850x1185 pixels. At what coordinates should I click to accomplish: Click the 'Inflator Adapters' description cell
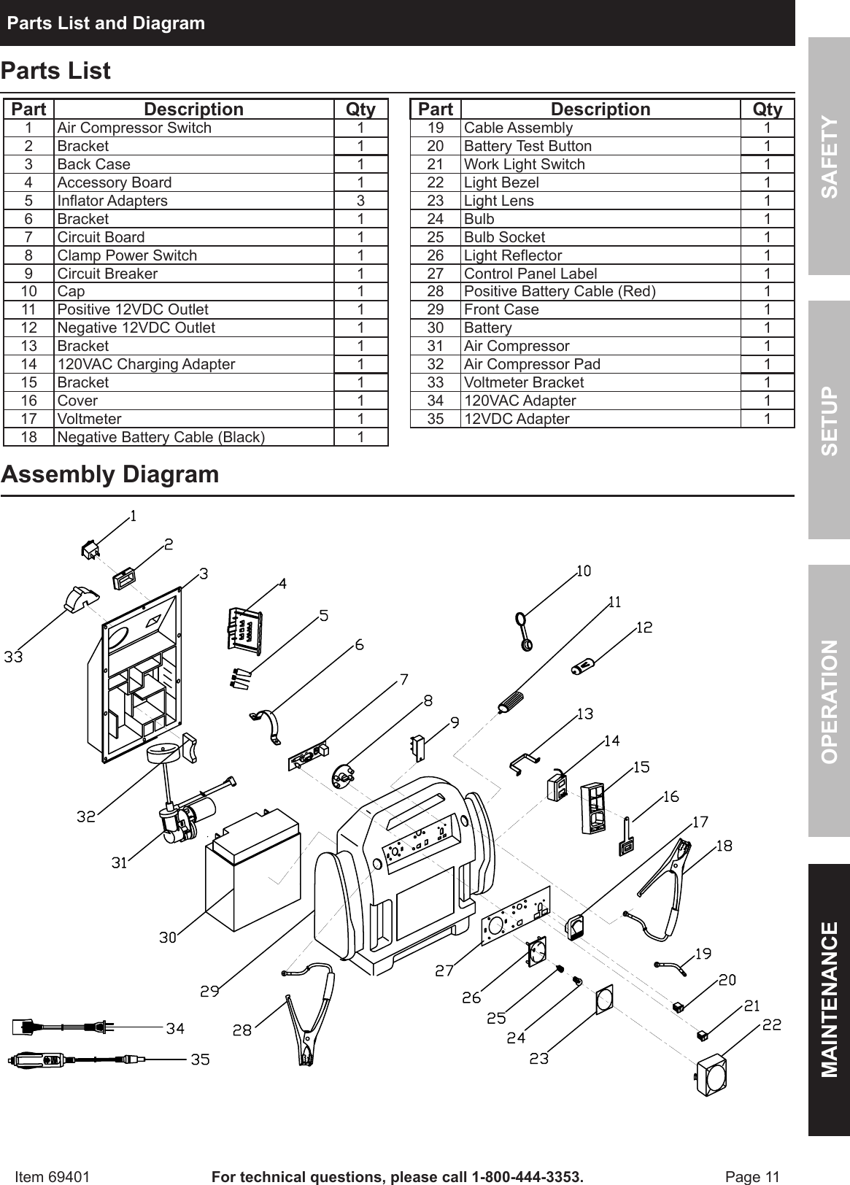112,201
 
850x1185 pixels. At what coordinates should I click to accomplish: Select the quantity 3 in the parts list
360,201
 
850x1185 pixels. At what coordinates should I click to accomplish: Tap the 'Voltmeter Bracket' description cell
524,382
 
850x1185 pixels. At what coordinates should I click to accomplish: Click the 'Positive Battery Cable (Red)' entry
560,292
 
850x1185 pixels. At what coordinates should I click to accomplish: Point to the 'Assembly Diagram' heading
110,474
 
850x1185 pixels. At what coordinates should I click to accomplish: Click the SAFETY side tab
829,156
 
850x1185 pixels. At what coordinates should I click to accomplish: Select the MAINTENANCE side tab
829,999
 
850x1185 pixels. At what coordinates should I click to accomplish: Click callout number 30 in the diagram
168,938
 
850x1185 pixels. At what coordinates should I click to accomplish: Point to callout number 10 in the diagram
584,571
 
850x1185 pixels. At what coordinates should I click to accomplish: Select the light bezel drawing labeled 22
709,1072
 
